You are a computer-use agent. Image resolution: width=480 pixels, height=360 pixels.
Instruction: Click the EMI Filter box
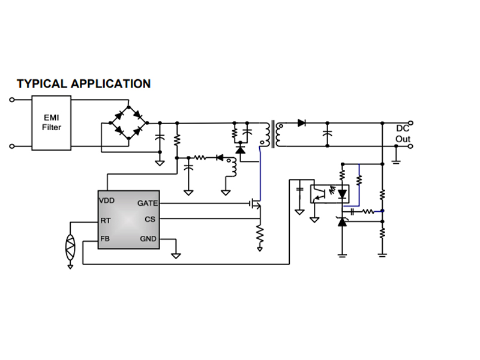[52, 122]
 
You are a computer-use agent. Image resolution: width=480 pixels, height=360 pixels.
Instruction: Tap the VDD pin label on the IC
[107, 200]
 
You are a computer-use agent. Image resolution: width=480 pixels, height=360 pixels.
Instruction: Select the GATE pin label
[148, 203]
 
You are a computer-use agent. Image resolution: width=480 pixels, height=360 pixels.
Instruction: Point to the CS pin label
[149, 220]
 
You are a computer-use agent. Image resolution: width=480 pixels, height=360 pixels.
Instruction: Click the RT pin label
[106, 220]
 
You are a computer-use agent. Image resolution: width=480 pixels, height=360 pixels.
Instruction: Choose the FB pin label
[105, 239]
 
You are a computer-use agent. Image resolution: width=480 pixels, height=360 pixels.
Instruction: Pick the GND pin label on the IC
[148, 239]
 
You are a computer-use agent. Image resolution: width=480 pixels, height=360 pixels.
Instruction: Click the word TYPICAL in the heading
[42, 84]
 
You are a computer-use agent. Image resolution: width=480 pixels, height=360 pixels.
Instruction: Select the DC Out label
[403, 134]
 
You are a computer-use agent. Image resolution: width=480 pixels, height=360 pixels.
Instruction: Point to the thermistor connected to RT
[70, 246]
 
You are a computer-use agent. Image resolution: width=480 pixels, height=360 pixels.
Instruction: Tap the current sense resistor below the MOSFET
[260, 236]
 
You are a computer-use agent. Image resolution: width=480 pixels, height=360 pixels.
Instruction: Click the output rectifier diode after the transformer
[301, 123]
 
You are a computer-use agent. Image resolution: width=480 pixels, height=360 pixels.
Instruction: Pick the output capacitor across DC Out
[327, 134]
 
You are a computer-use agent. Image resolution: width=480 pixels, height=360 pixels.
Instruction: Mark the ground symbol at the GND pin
[176, 255]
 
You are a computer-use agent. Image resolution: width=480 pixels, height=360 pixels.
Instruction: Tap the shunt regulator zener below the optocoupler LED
[342, 222]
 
